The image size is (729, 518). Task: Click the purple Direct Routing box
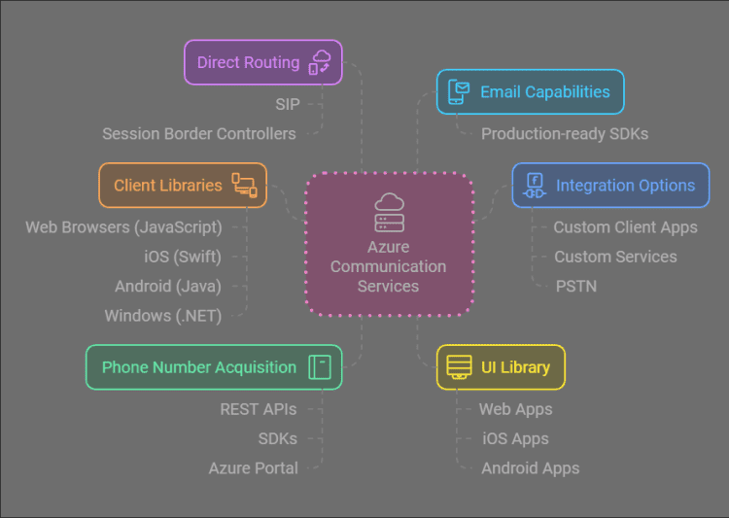coord(262,62)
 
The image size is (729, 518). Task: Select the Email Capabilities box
coord(530,92)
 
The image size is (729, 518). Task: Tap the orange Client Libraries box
coord(183,185)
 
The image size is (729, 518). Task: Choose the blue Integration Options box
coord(610,185)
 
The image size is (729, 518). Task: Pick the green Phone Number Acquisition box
coord(214,367)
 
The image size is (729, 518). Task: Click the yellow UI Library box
coord(500,367)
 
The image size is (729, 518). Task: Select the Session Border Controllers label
coord(199,133)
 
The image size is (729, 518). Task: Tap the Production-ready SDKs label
coord(565,133)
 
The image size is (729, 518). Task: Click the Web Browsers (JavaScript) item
coord(123,227)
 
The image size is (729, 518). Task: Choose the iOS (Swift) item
coord(182,257)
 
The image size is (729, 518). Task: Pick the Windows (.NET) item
coord(163,316)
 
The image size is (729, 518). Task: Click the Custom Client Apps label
coord(625,227)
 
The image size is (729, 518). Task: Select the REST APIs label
coord(259,409)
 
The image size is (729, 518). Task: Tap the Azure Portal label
coord(254,468)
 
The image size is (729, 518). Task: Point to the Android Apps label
coord(531,468)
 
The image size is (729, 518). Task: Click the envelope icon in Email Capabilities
coord(458,92)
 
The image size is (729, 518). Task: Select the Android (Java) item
coord(168,287)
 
